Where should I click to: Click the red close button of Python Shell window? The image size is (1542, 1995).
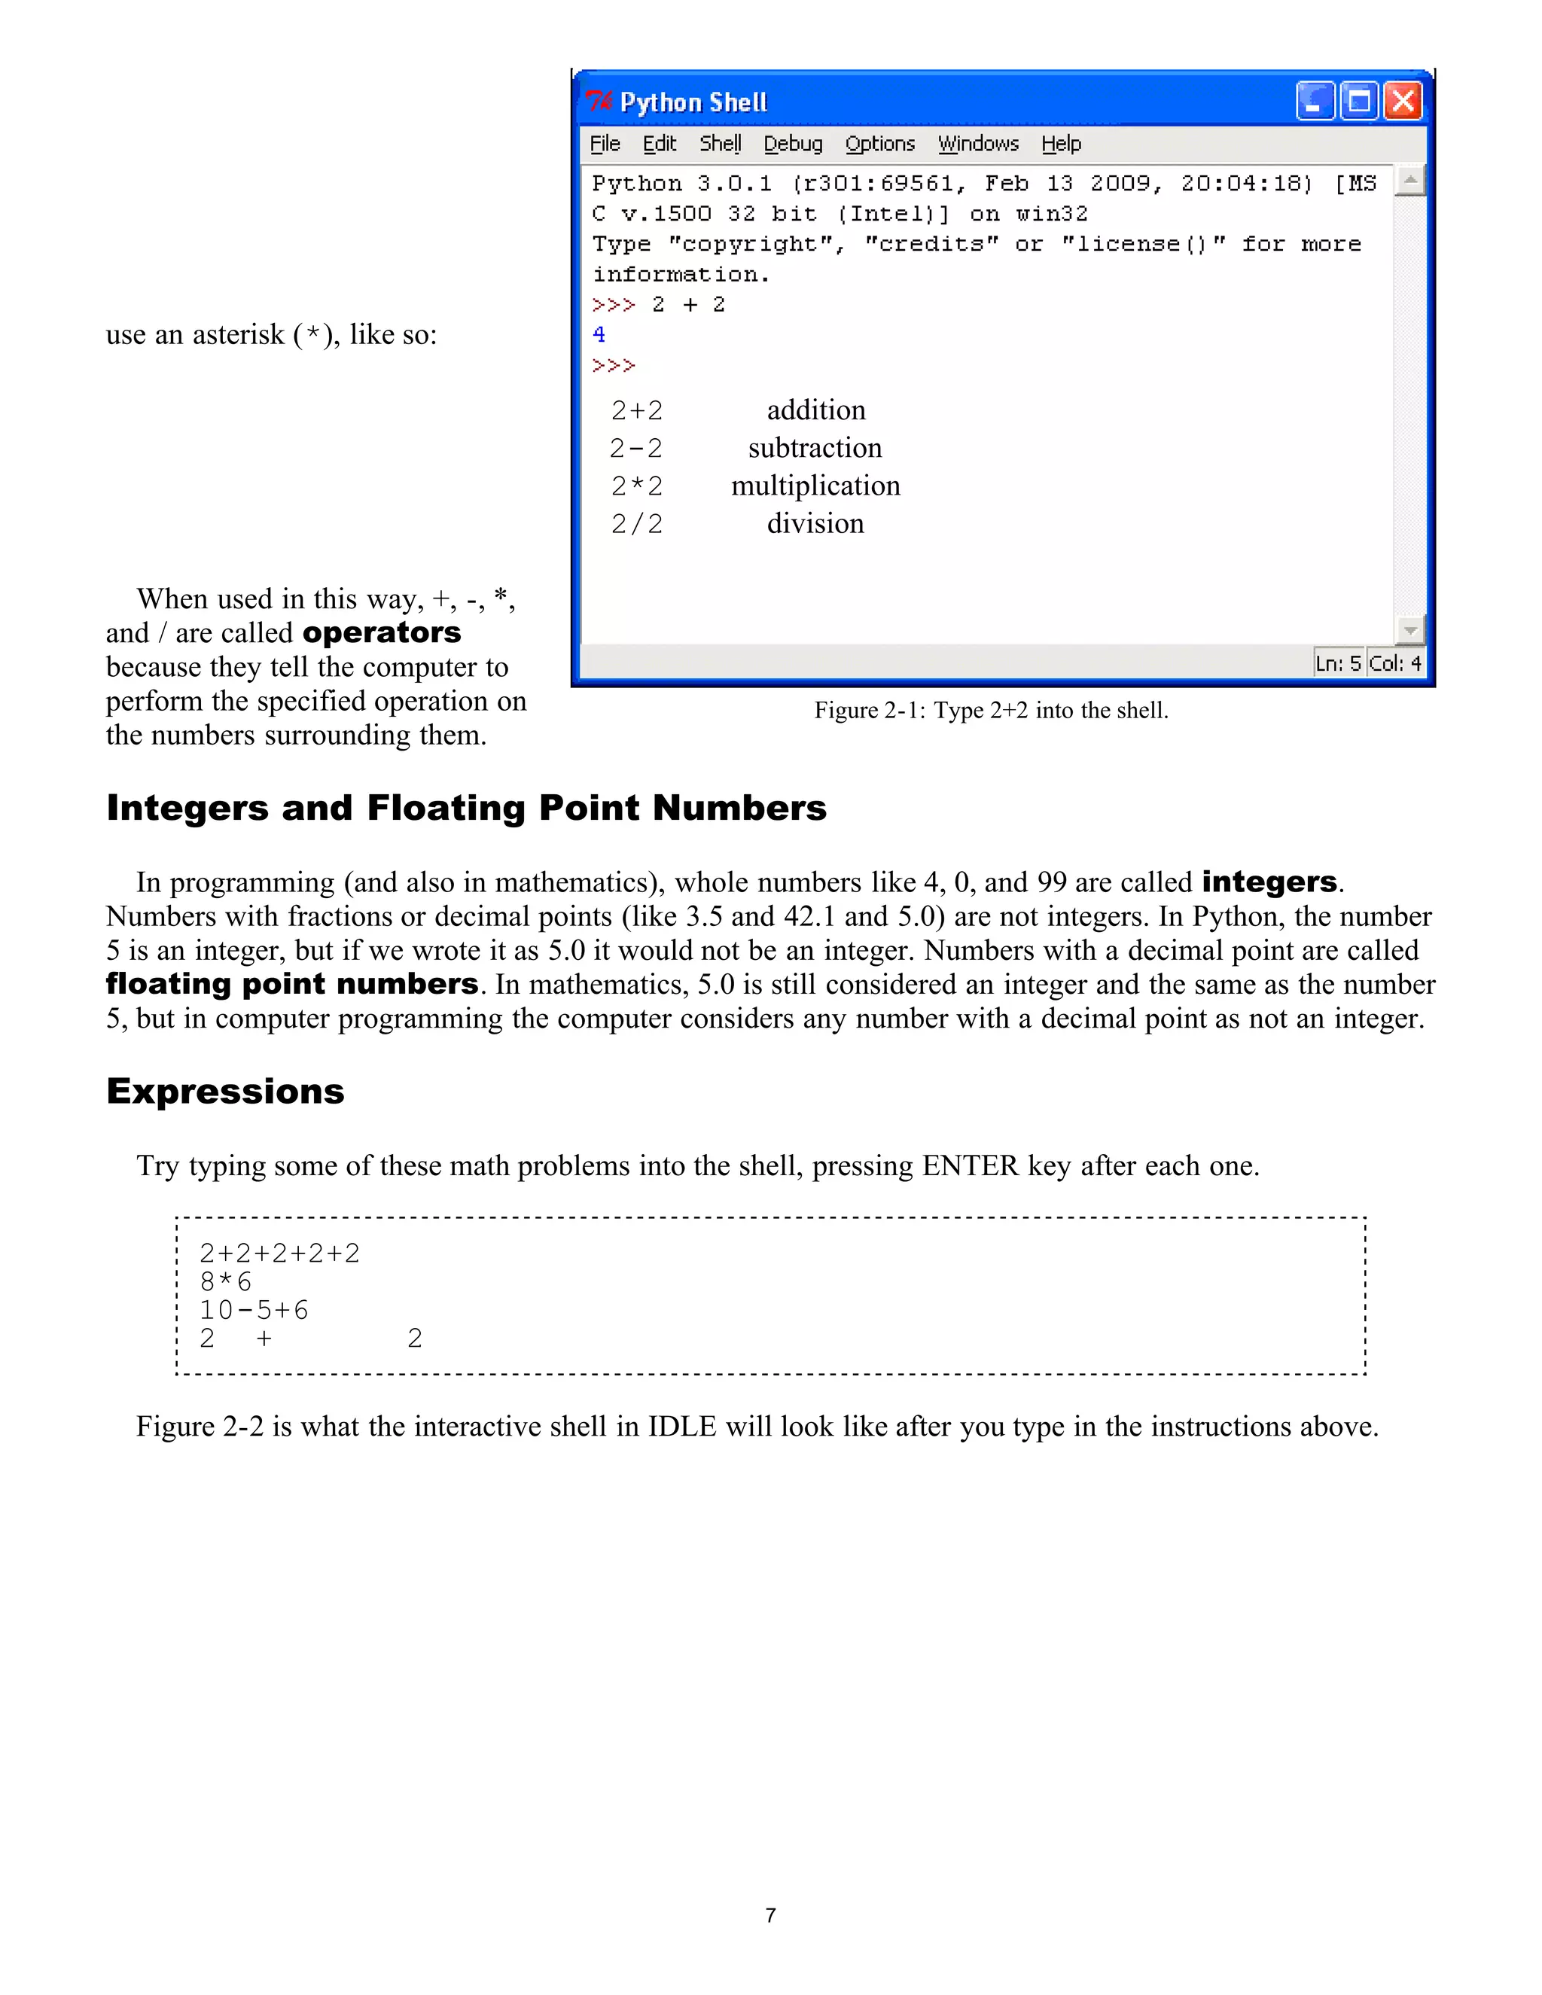tap(1403, 102)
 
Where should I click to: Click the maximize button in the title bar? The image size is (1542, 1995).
tap(1359, 102)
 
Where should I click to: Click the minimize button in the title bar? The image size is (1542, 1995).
tap(1315, 102)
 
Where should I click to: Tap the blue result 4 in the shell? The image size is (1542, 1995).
tap(599, 334)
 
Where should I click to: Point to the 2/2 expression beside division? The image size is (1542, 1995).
tap(637, 523)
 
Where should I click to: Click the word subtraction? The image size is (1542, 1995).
tap(815, 448)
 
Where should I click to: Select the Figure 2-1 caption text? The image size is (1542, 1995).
tap(990, 710)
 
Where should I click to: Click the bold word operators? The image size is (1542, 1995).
tap(381, 632)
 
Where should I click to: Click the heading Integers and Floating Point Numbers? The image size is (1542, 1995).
tap(466, 808)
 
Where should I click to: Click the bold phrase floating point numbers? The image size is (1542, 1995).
tap(291, 984)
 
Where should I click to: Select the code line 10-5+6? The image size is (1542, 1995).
tap(254, 1310)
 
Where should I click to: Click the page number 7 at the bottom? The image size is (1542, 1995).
tap(770, 1914)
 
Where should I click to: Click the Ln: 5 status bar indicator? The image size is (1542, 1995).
tap(1337, 663)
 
